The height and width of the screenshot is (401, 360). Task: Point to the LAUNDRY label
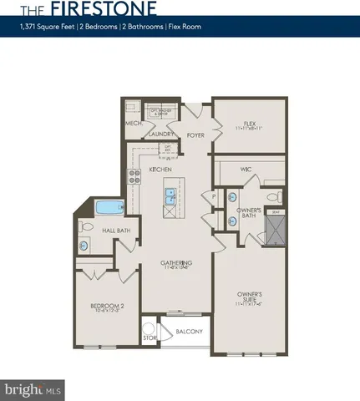coord(160,134)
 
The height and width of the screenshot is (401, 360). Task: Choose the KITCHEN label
coord(160,170)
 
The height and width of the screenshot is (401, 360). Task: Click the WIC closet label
coord(246,170)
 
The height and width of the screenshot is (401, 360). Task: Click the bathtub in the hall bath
coord(109,208)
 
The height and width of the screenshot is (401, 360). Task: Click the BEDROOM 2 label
coord(106,306)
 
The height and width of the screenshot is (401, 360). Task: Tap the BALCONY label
coord(189,332)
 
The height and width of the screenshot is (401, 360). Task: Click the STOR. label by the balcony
coord(150,338)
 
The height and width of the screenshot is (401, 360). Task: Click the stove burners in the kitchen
coord(133,176)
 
